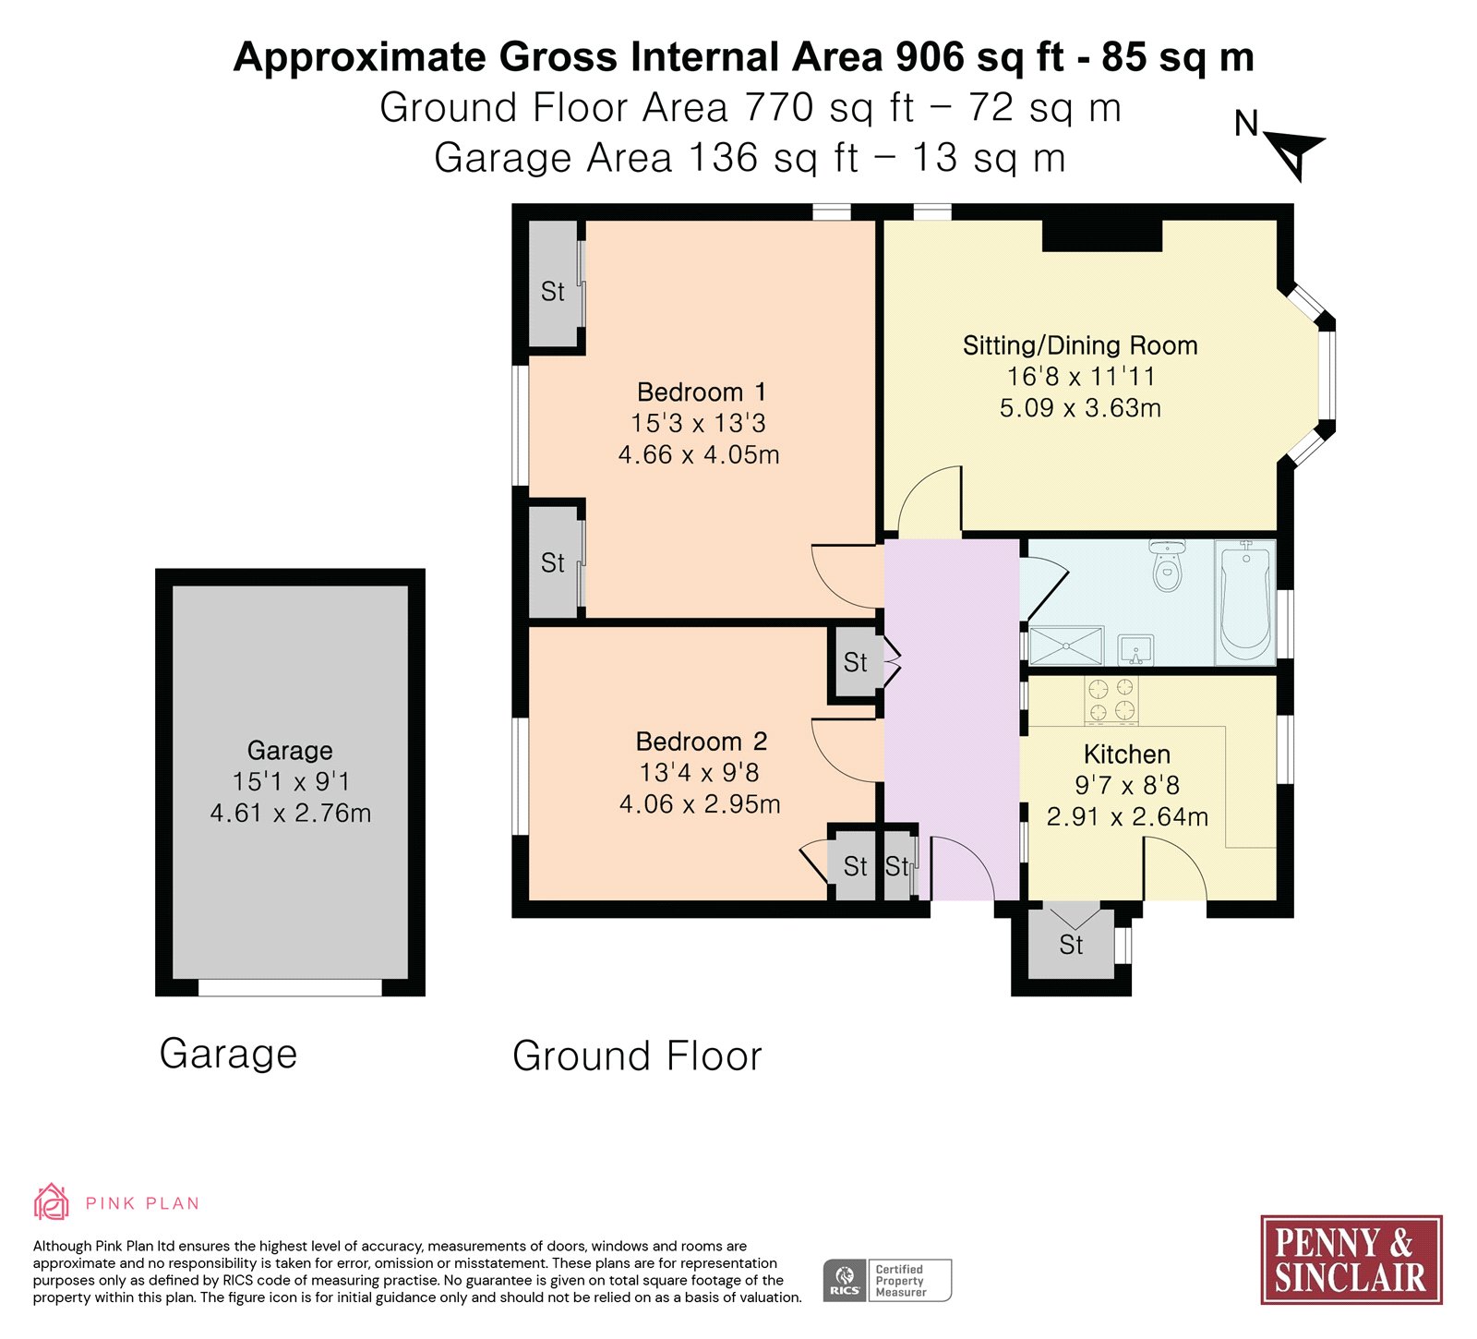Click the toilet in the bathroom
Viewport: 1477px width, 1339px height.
[x=1168, y=565]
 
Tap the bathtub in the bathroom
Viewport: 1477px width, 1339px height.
[x=1245, y=602]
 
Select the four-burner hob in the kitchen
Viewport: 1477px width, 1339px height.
[x=1111, y=699]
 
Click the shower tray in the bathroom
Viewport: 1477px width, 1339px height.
[x=1066, y=645]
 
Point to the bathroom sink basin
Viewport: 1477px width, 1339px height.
[x=1135, y=649]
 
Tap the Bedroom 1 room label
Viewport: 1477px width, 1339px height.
[x=701, y=392]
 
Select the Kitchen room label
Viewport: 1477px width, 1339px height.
[x=1126, y=754]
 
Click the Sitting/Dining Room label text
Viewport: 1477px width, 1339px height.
[x=1080, y=345]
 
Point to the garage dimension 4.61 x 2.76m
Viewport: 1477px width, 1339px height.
[x=291, y=813]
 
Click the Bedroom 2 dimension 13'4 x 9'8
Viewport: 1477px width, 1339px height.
[x=700, y=772]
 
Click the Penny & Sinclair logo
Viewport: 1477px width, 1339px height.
[x=1351, y=1259]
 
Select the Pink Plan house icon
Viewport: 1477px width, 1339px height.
[x=52, y=1201]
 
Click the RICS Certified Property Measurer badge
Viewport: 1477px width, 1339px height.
[x=887, y=1280]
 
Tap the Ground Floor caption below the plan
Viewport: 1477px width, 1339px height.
[x=637, y=1056]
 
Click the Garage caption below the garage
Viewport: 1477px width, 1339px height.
[x=228, y=1054]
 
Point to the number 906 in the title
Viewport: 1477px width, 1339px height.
[x=931, y=57]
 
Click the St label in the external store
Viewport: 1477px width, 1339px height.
[x=1071, y=945]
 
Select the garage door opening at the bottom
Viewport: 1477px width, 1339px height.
[x=290, y=987]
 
